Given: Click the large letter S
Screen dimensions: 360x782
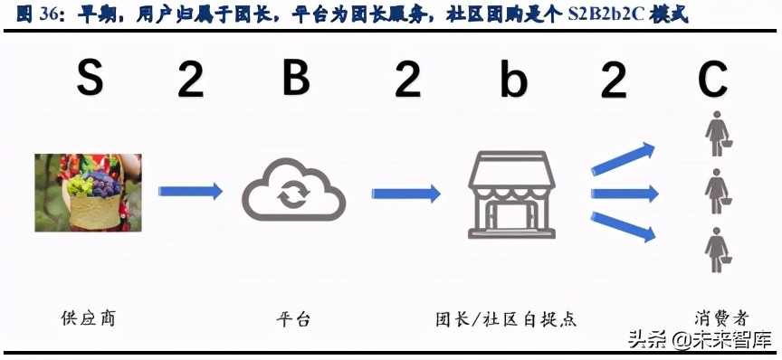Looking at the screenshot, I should [89, 80].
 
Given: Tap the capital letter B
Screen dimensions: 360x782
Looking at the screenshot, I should [296, 80].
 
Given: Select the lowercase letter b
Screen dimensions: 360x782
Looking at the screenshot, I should [513, 80].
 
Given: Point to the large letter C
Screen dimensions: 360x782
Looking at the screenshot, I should [712, 80].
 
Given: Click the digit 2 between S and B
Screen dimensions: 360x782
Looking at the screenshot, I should [191, 81].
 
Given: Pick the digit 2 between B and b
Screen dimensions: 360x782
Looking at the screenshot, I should [407, 81].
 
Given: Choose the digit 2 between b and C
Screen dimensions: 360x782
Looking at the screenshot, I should [614, 81].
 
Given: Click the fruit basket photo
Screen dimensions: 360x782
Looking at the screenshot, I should [88, 192].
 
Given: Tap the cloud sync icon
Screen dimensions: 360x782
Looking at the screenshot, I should [294, 192].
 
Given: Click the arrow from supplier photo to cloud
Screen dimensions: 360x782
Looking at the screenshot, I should [190, 191].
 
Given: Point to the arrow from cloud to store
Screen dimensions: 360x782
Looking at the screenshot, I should [405, 193].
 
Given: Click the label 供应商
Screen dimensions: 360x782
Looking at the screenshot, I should [88, 318].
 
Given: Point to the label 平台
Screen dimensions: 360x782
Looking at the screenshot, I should [293, 319].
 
